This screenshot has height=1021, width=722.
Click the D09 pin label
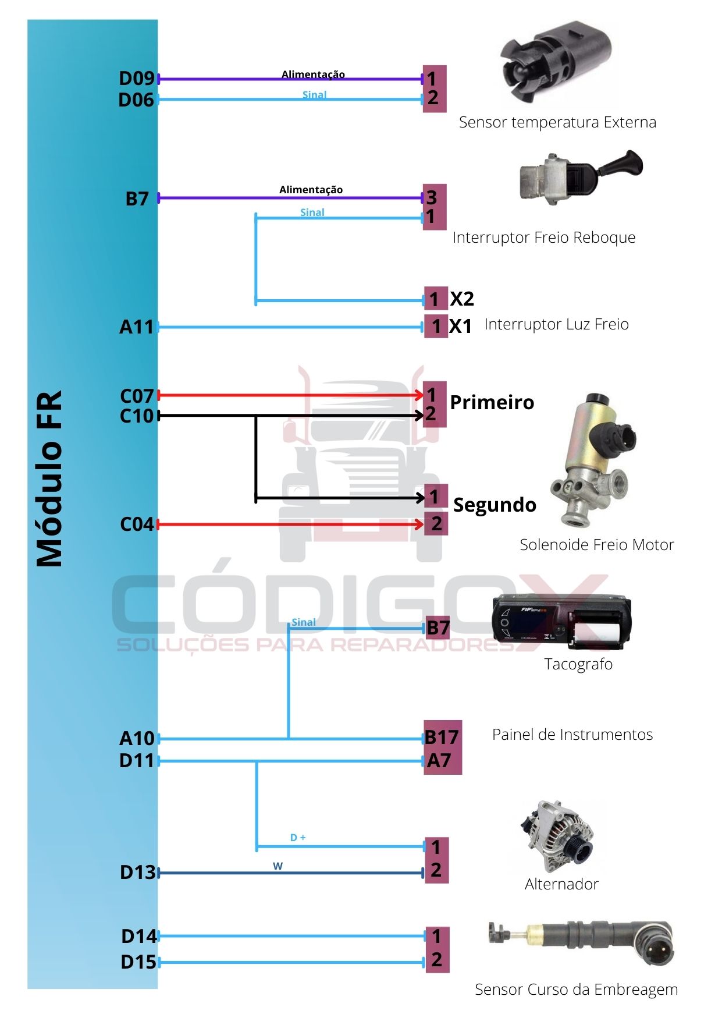coord(137,78)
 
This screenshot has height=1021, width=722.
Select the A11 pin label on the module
coord(137,327)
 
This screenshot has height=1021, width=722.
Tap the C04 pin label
coord(137,524)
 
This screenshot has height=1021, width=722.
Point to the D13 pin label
coord(138,872)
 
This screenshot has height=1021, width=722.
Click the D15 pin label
coord(138,962)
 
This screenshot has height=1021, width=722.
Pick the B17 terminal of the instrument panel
coord(442,738)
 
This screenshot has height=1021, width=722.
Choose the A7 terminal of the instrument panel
coord(439,760)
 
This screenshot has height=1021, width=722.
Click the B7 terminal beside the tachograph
coord(438,628)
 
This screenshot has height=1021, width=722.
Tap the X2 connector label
coord(462,299)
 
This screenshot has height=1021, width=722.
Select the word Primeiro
coord(492,402)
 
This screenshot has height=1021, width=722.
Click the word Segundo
coord(495,505)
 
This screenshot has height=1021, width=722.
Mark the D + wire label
coord(298,838)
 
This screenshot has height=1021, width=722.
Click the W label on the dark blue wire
coord(278,866)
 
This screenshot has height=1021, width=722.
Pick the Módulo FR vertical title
coord(49,477)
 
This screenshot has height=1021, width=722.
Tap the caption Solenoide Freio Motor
coord(596,545)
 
